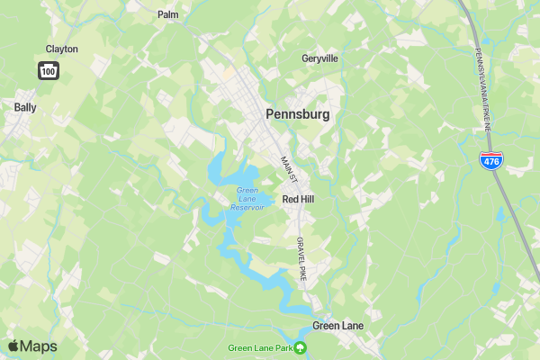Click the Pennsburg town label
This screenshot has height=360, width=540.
(x=297, y=115)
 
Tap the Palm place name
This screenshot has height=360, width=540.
(x=167, y=14)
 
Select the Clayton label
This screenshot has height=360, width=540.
(x=61, y=49)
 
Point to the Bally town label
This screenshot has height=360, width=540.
(x=25, y=107)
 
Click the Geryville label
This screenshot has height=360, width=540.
(x=319, y=58)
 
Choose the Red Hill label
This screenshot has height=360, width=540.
(x=298, y=199)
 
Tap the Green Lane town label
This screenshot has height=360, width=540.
(x=337, y=325)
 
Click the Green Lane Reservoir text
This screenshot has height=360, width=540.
(x=247, y=198)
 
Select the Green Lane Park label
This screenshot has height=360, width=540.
(x=260, y=348)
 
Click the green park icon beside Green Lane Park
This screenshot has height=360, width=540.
(x=301, y=348)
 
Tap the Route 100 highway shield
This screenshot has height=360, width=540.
(x=48, y=69)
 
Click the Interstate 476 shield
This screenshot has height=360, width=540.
(x=490, y=161)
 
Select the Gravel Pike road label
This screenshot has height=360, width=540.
(x=301, y=259)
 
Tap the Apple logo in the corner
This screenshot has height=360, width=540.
(x=13, y=346)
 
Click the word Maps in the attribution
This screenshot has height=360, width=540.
(x=39, y=346)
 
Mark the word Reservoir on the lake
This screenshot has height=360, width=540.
(x=247, y=207)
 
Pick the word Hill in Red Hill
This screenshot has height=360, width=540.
(x=308, y=199)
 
